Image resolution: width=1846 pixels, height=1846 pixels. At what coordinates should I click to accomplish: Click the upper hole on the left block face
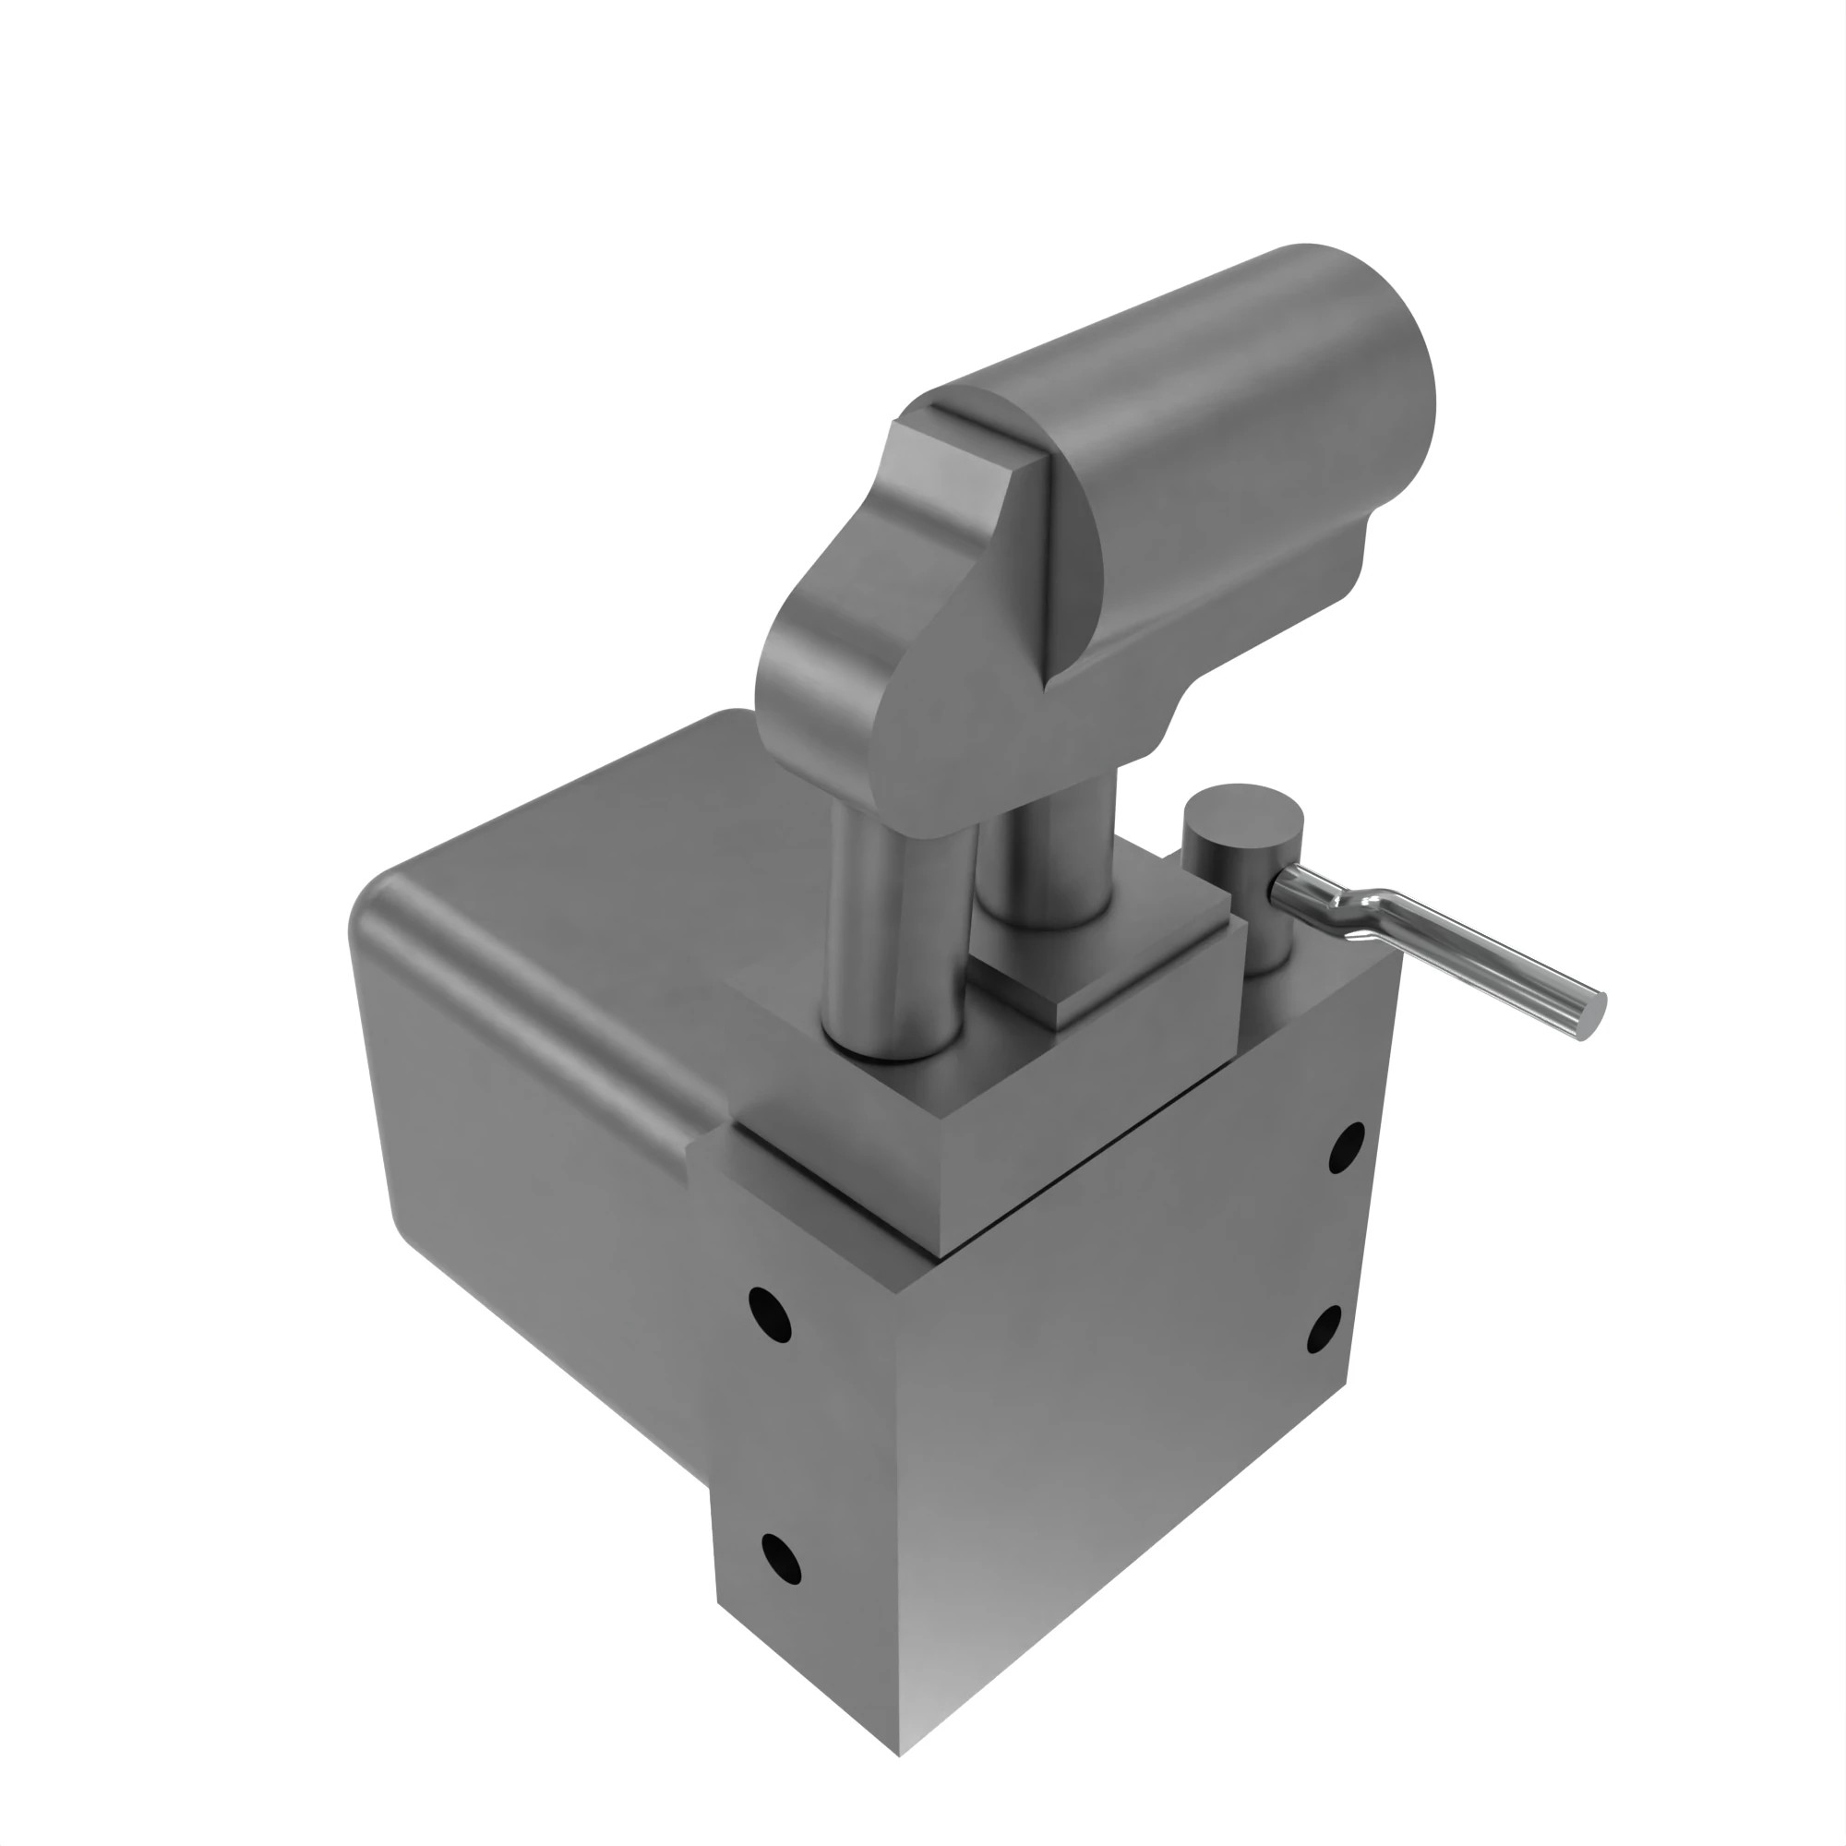[x=769, y=1314]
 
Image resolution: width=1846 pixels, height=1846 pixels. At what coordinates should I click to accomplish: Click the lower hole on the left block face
[x=781, y=1559]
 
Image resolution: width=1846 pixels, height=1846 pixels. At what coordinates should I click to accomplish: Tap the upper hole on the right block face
[x=1347, y=1147]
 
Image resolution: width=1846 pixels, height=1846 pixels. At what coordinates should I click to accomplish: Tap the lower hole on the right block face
[x=1324, y=1329]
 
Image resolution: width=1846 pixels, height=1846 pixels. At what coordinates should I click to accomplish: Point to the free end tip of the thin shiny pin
[x=1595, y=1015]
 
